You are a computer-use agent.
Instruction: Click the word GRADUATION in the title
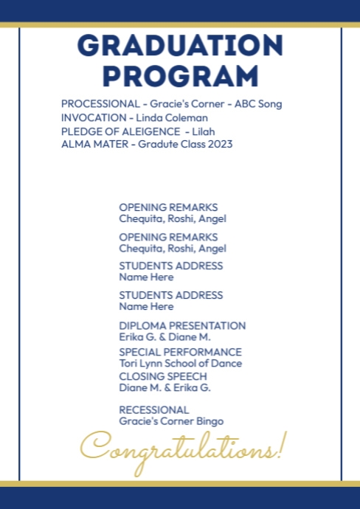(x=180, y=46)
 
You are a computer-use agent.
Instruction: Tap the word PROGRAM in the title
(x=180, y=76)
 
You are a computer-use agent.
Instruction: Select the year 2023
(x=220, y=144)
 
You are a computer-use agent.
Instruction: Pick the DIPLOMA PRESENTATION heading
(x=182, y=325)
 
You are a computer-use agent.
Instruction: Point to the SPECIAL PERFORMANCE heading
(x=180, y=352)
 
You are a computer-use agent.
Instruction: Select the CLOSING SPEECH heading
(x=163, y=376)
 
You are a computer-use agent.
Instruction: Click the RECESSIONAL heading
(x=154, y=409)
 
